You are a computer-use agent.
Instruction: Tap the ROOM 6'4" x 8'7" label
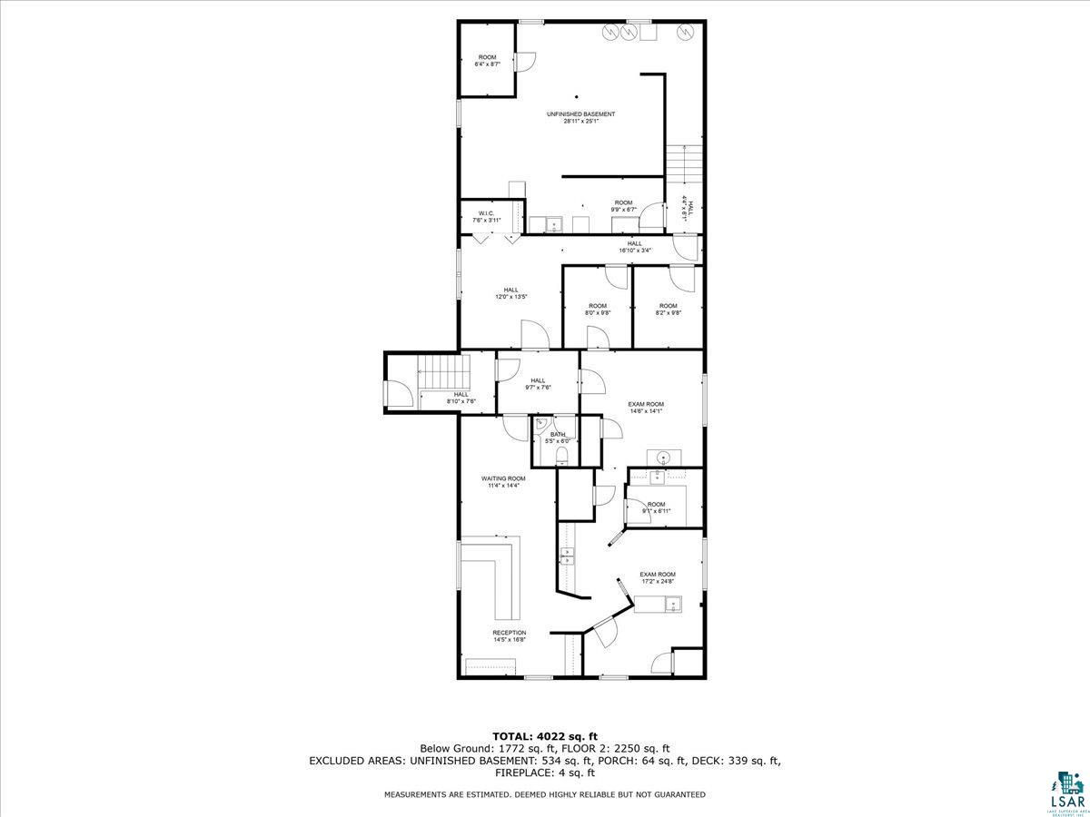[x=488, y=61]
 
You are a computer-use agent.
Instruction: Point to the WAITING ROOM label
[x=503, y=482]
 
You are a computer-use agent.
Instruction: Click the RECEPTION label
[x=509, y=635]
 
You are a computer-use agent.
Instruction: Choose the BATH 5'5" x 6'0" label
[x=558, y=438]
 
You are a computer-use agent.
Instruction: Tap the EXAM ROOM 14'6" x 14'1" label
[x=646, y=407]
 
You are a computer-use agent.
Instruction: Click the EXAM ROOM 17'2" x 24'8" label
[x=657, y=577]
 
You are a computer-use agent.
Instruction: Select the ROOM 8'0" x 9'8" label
[x=597, y=309]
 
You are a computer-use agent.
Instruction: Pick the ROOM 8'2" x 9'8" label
[x=668, y=309]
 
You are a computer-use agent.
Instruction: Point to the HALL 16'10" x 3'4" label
[x=634, y=246]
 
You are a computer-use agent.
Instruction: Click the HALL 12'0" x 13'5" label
[x=510, y=293]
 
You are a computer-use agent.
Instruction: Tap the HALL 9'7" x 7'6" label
[x=538, y=383]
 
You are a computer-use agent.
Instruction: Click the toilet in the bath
[x=560, y=455]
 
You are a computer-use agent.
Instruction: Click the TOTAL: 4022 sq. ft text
[x=544, y=735]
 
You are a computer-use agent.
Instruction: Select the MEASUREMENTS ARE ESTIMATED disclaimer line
[x=544, y=794]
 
